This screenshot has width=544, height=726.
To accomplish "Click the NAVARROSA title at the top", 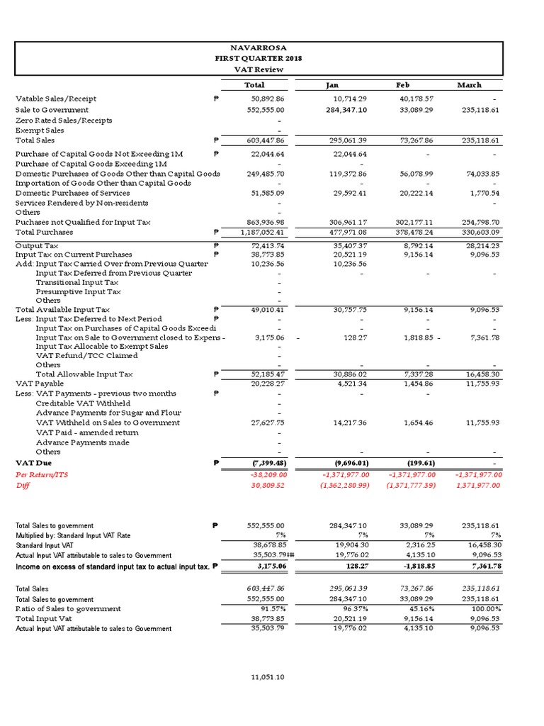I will tap(259, 47).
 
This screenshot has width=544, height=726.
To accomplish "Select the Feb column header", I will tap(402, 85).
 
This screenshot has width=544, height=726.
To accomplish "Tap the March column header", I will tap(469, 85).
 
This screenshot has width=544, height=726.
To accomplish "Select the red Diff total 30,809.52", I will tap(264, 485).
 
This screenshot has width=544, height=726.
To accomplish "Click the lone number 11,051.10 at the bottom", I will tap(267, 677).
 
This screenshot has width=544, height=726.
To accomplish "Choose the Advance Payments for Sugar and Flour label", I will tap(108, 413).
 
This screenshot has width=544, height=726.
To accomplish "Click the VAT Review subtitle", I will tap(259, 69).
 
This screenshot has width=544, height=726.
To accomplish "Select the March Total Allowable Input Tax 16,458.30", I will tap(482, 374).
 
